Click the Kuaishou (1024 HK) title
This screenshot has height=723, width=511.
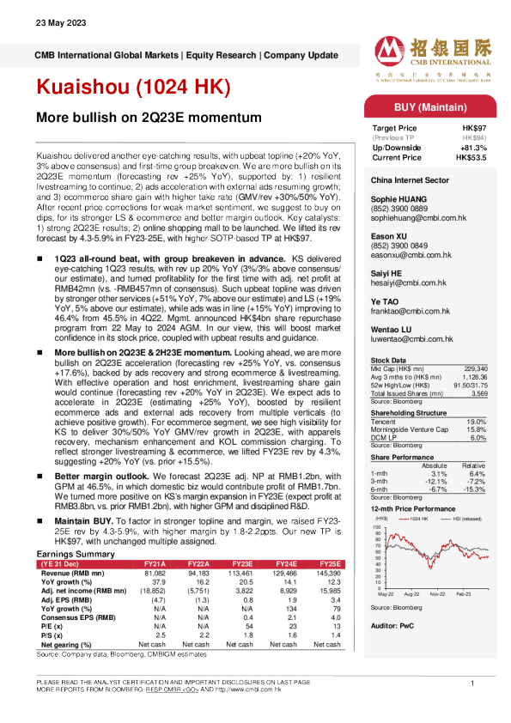click(x=133, y=88)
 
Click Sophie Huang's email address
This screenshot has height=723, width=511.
click(x=411, y=221)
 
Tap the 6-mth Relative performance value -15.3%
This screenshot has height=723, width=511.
click(x=478, y=489)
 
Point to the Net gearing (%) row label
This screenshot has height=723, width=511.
click(x=65, y=644)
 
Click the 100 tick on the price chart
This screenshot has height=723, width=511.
click(x=377, y=526)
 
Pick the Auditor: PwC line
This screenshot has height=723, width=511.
click(x=392, y=627)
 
